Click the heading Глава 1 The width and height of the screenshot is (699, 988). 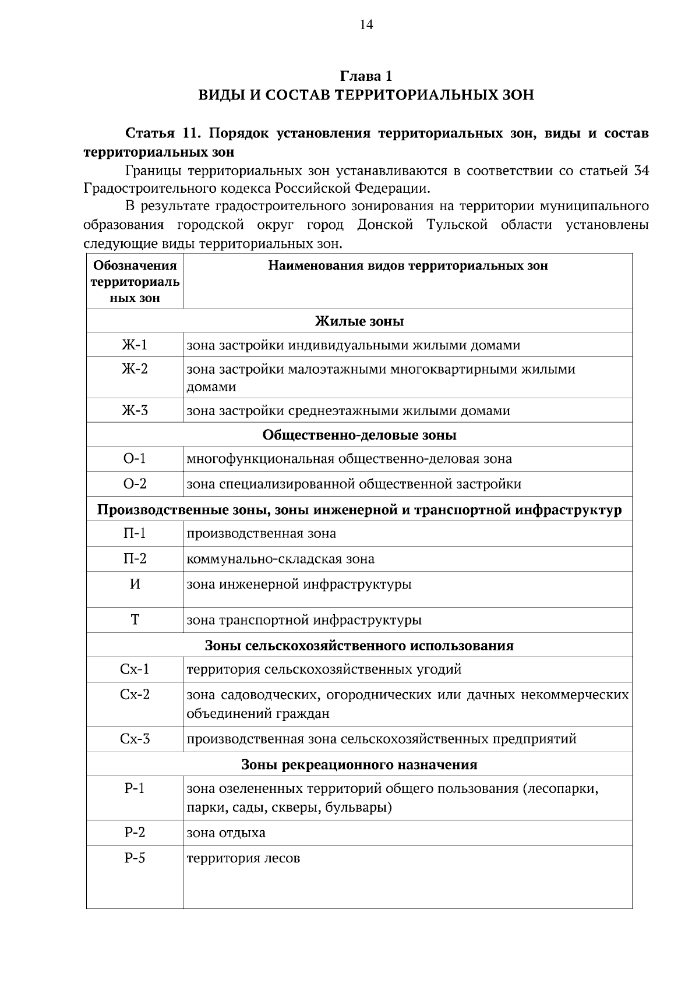click(x=366, y=76)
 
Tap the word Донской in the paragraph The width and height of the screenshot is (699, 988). click(x=384, y=225)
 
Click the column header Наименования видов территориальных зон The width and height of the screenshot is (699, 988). click(x=408, y=266)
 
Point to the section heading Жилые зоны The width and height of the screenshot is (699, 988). click(x=359, y=321)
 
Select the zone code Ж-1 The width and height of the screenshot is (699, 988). click(x=135, y=345)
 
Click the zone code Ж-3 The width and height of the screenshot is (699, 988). click(x=135, y=410)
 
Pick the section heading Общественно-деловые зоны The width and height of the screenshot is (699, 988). click(x=359, y=435)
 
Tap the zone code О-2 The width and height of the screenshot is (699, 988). click(x=135, y=484)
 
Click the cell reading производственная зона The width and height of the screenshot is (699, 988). click(x=261, y=533)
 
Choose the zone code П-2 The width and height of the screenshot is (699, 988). click(x=135, y=559)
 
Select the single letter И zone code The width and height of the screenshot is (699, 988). click(x=135, y=584)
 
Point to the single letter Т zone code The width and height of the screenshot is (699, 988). click(x=135, y=620)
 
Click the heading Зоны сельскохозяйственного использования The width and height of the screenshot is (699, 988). click(x=359, y=646)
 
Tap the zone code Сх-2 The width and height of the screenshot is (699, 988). click(x=135, y=695)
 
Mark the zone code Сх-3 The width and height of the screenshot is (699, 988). click(x=135, y=739)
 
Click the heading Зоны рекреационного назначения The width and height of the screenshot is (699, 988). click(x=359, y=764)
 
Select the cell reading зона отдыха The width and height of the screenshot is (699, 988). click(x=226, y=833)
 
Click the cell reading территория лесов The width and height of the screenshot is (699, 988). click(x=243, y=859)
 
